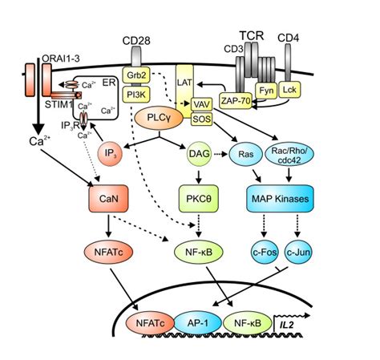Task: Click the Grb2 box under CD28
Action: [136, 75]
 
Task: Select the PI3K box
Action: [136, 95]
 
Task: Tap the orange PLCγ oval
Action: [159, 118]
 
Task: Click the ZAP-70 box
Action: [236, 100]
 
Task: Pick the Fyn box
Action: [266, 91]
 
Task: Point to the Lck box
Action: [289, 90]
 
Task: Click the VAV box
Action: [202, 104]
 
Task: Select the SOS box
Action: [202, 119]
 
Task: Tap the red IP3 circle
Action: [110, 154]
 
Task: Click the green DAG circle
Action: [199, 154]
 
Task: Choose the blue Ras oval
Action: [246, 154]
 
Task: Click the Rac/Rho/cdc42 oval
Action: [289, 154]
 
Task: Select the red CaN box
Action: [108, 199]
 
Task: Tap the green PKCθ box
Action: [199, 199]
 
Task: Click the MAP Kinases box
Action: [280, 199]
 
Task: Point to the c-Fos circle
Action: [265, 252]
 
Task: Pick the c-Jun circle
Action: [298, 252]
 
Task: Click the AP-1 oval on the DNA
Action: [198, 323]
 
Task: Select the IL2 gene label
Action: [287, 325]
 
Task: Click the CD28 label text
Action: [136, 41]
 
